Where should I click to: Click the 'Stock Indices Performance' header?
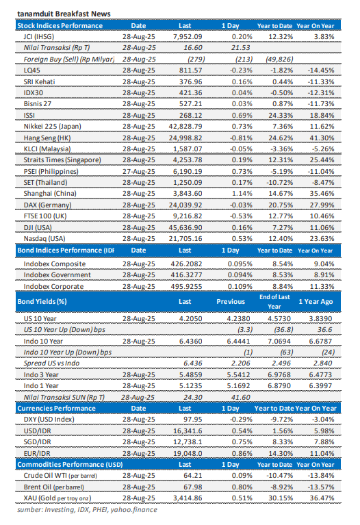60,25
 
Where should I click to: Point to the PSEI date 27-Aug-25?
138,191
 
